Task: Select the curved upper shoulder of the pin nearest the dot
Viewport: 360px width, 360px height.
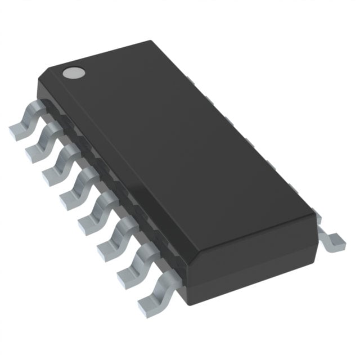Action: coord(34,107)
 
